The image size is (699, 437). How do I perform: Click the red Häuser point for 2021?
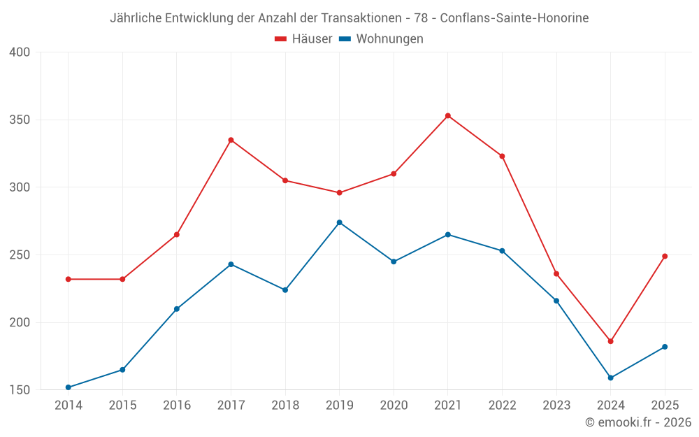click(x=448, y=116)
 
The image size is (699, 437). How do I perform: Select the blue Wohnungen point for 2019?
click(x=340, y=222)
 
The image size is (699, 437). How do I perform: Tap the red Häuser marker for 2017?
click(x=231, y=140)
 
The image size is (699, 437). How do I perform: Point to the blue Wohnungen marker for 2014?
click(x=69, y=387)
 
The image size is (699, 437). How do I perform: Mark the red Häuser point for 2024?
click(x=611, y=342)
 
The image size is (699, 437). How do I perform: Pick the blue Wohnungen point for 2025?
click(x=665, y=347)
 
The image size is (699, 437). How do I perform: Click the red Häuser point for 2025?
click(x=665, y=257)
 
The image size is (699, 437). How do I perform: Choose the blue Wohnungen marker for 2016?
click(x=177, y=309)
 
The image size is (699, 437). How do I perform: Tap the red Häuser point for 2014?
click(x=69, y=279)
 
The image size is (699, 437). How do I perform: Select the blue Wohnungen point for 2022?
click(x=503, y=251)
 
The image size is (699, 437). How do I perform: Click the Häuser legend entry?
click(x=303, y=38)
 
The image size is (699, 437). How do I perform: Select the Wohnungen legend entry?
click(x=381, y=38)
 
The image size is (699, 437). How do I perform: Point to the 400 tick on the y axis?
click(x=20, y=52)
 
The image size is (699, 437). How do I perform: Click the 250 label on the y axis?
click(x=20, y=255)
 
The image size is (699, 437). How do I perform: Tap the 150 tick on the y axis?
click(x=20, y=390)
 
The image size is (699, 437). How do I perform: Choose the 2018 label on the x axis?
click(x=285, y=405)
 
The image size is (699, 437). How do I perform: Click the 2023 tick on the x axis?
click(x=556, y=405)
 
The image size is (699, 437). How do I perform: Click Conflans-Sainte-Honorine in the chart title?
click(x=514, y=18)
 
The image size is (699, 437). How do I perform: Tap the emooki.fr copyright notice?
click(x=638, y=422)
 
